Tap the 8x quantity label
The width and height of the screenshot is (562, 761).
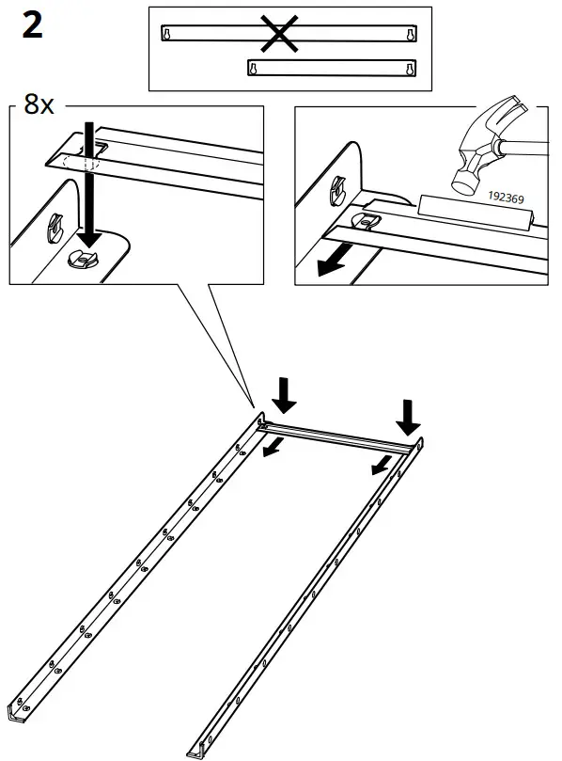[x=39, y=104]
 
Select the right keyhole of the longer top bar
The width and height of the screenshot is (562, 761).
[x=410, y=34]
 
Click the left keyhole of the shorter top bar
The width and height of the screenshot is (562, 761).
[x=253, y=68]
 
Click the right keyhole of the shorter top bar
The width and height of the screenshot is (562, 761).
[x=410, y=69]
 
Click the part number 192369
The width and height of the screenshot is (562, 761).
[x=507, y=198]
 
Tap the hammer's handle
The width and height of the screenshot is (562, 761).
[x=526, y=146]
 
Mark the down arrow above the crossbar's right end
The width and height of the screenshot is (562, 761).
[x=409, y=415]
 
